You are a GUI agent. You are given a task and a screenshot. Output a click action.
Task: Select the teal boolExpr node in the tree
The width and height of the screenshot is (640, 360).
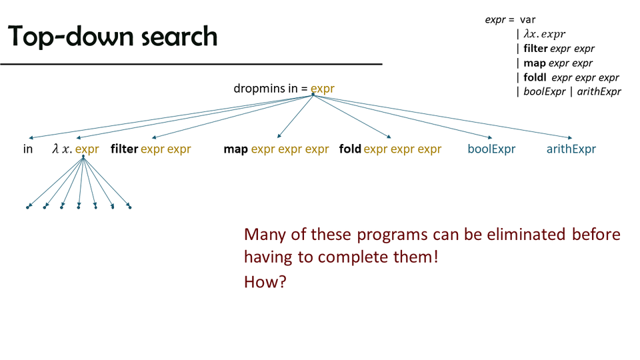[x=491, y=149]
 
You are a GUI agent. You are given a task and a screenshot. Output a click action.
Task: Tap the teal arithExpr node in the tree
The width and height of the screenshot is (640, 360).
[x=571, y=149]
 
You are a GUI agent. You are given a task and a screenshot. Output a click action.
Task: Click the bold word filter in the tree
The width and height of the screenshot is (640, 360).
[x=124, y=149]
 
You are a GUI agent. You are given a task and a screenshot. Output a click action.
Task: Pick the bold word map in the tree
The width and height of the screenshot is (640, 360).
[x=235, y=149]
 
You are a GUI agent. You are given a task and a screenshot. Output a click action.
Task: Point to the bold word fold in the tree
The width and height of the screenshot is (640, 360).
[x=350, y=149]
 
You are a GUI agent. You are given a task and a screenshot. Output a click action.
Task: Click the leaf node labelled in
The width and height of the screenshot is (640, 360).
[x=28, y=149]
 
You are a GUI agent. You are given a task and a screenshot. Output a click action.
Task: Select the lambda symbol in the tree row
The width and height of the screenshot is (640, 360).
[x=55, y=149]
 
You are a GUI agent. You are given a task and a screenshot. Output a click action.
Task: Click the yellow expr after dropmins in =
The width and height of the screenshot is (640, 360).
[x=323, y=89]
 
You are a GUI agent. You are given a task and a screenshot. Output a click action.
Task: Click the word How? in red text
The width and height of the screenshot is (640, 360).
[x=265, y=281]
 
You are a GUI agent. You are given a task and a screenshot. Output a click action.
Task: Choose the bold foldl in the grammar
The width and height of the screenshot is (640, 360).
[x=535, y=77]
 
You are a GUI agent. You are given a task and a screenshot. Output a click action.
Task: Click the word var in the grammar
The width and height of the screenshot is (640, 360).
[x=528, y=19]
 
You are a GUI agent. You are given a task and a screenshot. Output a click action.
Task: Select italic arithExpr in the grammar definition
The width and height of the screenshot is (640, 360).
[x=599, y=91]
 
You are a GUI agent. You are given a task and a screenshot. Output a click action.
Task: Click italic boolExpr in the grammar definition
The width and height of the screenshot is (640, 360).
[x=545, y=91]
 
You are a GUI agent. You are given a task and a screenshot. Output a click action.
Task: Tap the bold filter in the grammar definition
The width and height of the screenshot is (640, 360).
[x=535, y=48]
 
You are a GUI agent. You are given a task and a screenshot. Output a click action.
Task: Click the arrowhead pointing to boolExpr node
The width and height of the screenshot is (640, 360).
[x=490, y=137]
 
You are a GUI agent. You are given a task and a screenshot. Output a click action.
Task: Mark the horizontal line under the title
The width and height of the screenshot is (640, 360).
[x=191, y=64]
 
